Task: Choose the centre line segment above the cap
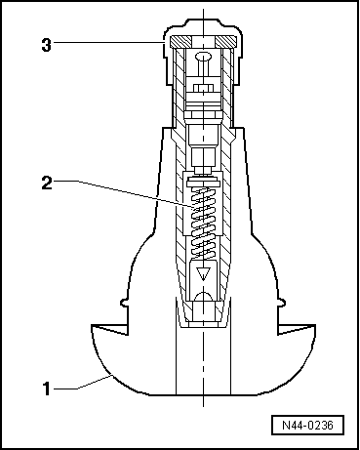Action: click(202, 21)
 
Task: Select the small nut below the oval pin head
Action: click(202, 93)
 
